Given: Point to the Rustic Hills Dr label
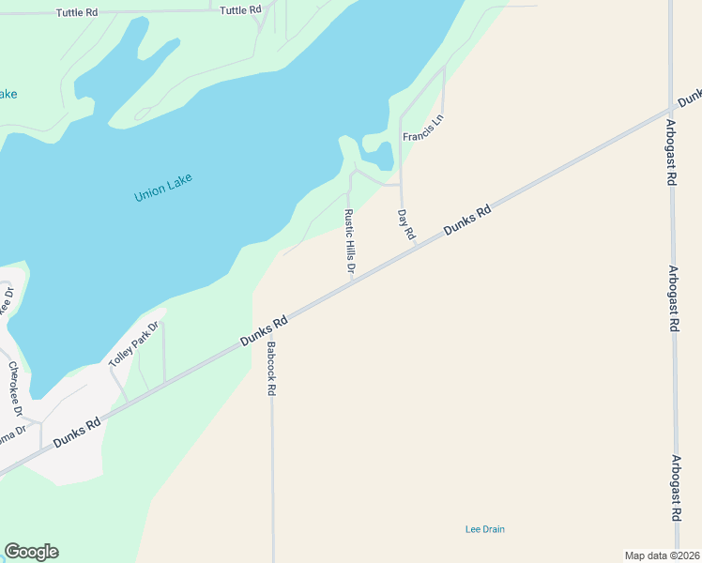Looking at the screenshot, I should pyautogui.click(x=349, y=242).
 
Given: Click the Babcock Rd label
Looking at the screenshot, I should pyautogui.click(x=270, y=368).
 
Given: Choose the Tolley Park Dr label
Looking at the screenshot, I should pyautogui.click(x=134, y=344).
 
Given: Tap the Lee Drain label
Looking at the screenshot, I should pyautogui.click(x=484, y=529).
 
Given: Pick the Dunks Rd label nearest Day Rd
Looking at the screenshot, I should pyautogui.click(x=467, y=221).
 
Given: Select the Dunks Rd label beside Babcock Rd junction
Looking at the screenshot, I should pyautogui.click(x=264, y=331).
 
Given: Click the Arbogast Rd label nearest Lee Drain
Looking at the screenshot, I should pyautogui.click(x=676, y=489).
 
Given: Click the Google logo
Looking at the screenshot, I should pyautogui.click(x=31, y=552).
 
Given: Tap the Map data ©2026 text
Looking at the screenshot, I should pyautogui.click(x=663, y=555).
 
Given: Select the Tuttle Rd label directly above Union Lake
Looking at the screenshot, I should pyautogui.click(x=240, y=10).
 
